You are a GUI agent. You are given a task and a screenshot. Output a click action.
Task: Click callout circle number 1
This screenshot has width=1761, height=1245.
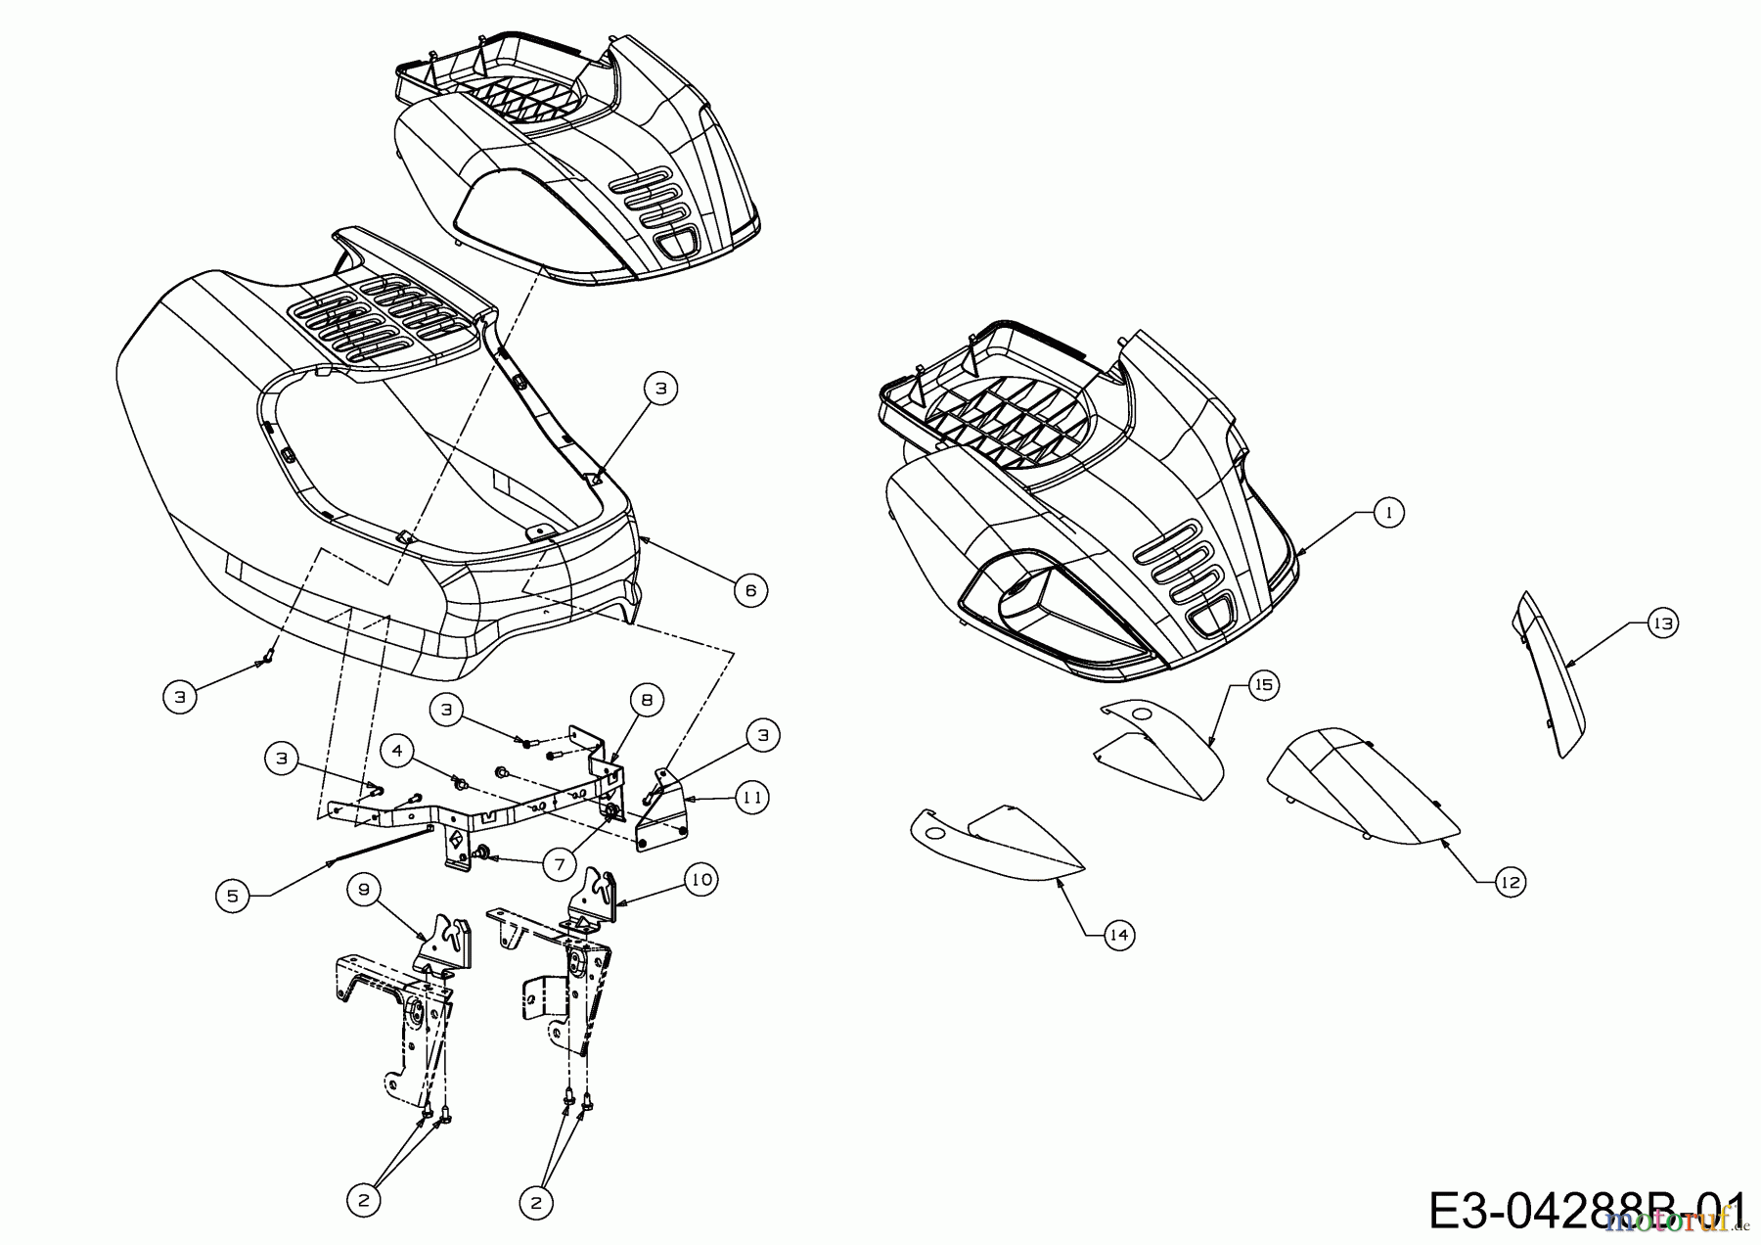pyautogui.click(x=1387, y=512)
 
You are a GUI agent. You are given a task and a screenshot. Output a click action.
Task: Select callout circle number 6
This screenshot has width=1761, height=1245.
pyautogui.click(x=750, y=590)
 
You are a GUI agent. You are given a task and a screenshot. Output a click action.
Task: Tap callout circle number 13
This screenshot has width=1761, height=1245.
pyautogui.click(x=1662, y=623)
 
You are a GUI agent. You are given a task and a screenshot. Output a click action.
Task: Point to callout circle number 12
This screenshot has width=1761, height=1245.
pyautogui.click(x=1511, y=883)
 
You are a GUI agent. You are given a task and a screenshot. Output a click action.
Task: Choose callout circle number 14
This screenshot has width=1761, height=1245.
pyautogui.click(x=1119, y=936)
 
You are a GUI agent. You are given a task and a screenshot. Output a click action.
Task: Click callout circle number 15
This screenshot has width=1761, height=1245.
pyautogui.click(x=1263, y=685)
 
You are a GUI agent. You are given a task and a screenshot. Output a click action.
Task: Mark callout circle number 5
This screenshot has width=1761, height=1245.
pyautogui.click(x=232, y=896)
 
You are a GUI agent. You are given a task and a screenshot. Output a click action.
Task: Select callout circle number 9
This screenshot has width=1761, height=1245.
pyautogui.click(x=364, y=890)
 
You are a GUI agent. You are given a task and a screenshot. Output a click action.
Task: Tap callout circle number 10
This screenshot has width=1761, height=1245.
pyautogui.click(x=700, y=880)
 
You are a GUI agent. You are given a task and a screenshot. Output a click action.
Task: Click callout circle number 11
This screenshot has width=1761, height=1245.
pyautogui.click(x=750, y=798)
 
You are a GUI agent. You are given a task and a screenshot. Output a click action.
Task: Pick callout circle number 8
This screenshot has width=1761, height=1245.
pyautogui.click(x=647, y=701)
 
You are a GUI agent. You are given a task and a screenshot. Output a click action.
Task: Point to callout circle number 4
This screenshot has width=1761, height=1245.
pyautogui.click(x=396, y=752)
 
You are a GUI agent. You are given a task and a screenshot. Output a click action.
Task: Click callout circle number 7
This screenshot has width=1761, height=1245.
pyautogui.click(x=560, y=865)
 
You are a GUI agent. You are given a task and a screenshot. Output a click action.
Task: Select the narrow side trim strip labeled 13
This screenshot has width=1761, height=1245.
pyautogui.click(x=1551, y=675)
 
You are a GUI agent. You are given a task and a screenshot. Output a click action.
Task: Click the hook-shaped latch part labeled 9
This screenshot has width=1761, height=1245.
pyautogui.click(x=444, y=945)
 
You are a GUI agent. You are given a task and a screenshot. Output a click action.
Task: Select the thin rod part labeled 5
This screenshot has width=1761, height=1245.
pyautogui.click(x=382, y=844)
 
